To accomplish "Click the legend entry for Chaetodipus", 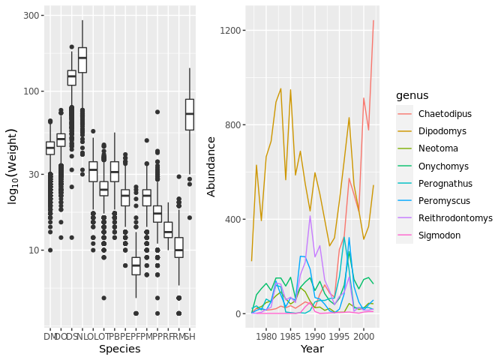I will [445, 114].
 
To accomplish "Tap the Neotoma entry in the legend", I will [439, 148].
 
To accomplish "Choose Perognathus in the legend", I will [445, 183].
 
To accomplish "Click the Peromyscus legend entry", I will [444, 200].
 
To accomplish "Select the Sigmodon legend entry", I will [440, 235].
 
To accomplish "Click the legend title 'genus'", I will [412, 96].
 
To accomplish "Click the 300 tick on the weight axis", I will [32, 16].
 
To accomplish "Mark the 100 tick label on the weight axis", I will [32, 91].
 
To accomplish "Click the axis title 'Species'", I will [120, 349].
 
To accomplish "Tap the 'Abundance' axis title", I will [212, 166].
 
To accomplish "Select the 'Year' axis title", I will [312, 349].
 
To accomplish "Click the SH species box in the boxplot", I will [190, 114].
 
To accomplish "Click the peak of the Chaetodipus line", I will [373, 21].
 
